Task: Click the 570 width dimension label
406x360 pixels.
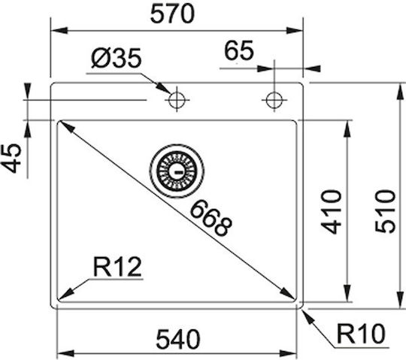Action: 172,14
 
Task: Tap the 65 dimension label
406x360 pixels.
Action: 239,50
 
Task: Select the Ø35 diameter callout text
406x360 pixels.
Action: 117,58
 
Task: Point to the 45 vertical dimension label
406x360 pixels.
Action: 11,158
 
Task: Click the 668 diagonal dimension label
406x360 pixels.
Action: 211,219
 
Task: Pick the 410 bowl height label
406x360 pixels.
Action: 331,212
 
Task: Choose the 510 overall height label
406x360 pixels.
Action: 386,211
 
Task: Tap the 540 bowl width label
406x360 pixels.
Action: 178,339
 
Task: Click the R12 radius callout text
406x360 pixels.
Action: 117,267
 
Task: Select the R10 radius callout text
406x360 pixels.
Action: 361,334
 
